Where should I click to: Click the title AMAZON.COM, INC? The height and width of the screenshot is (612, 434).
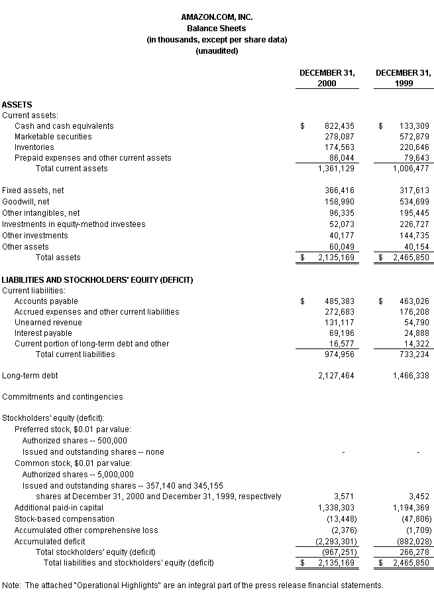[217, 17]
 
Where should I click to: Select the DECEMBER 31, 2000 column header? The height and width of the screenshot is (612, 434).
[327, 78]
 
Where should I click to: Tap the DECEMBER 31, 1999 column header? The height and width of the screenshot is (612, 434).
[403, 78]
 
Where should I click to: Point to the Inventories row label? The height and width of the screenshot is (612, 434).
[34, 147]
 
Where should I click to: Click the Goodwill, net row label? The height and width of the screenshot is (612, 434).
[26, 201]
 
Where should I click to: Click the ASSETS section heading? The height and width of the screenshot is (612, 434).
[17, 104]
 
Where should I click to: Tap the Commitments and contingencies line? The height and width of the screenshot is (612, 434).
[62, 396]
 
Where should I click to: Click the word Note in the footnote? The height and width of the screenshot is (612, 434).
[11, 585]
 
